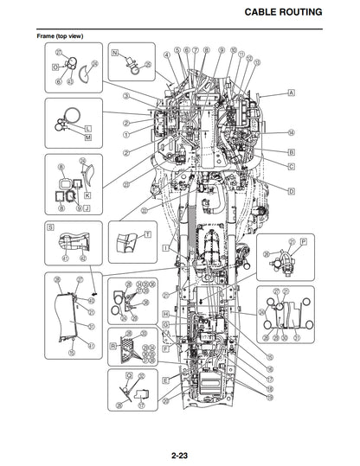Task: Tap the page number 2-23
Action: click(180, 444)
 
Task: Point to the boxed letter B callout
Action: click(292, 151)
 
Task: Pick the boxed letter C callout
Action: click(292, 165)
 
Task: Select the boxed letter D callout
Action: click(292, 190)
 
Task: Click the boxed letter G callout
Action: click(164, 323)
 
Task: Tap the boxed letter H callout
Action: click(164, 313)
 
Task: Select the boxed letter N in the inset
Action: click(114, 53)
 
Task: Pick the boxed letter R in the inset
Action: click(113, 345)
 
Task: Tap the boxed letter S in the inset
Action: click(50, 230)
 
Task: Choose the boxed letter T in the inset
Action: click(147, 234)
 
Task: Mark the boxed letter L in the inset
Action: click(87, 129)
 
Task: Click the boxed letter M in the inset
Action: click(87, 137)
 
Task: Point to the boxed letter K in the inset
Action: click(87, 195)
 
